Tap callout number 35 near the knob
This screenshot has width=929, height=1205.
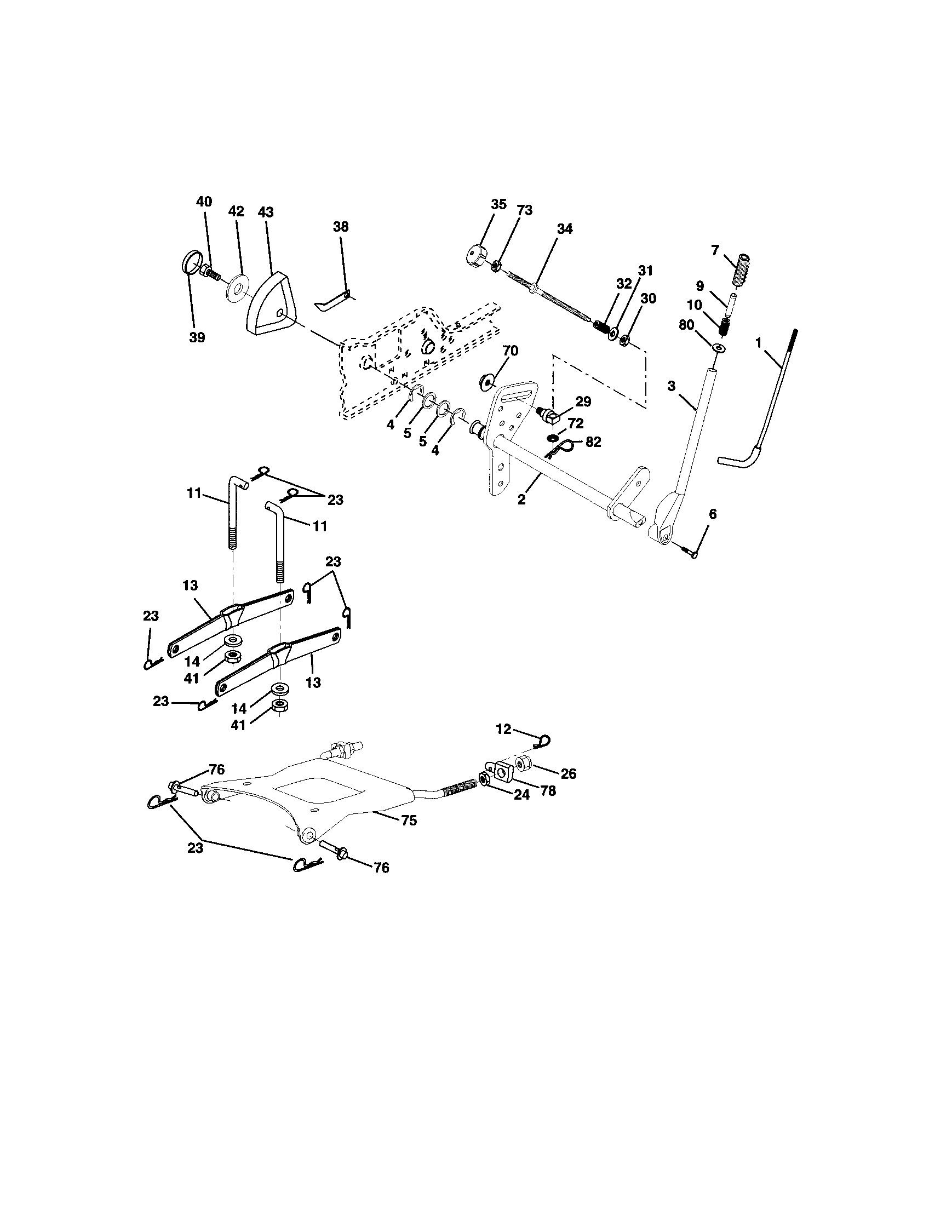coord(498,205)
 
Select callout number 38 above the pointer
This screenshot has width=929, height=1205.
coord(341,227)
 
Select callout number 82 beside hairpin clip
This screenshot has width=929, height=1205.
coord(594,441)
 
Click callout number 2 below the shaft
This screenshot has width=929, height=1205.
coord(521,500)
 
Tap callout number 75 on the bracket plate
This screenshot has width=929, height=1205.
coord(409,820)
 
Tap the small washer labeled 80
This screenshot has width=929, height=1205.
coord(718,348)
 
